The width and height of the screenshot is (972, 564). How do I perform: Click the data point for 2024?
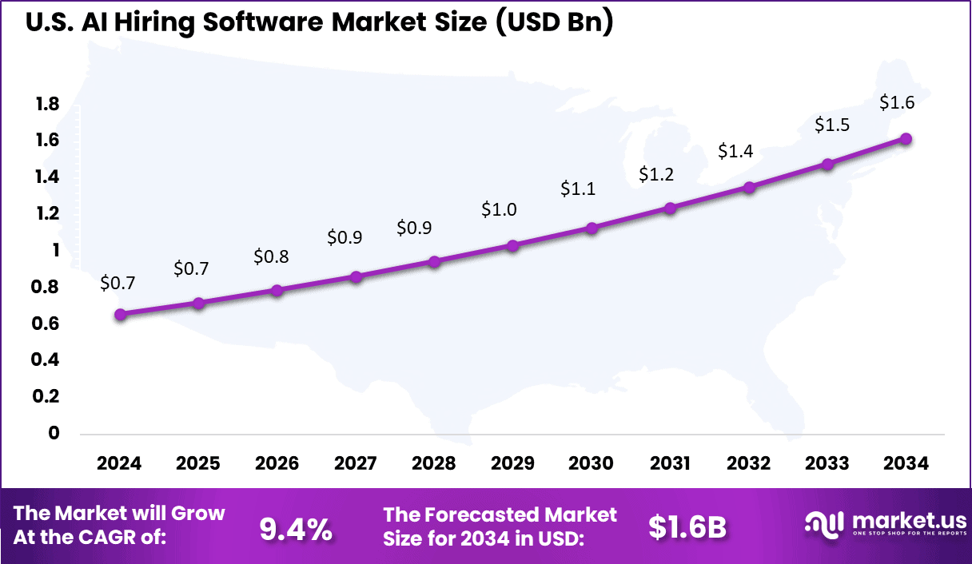click(x=120, y=315)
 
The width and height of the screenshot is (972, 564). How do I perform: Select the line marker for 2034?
click(x=906, y=139)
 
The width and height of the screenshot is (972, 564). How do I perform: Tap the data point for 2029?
click(x=513, y=246)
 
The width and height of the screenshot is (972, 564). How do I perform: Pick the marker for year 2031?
click(x=671, y=209)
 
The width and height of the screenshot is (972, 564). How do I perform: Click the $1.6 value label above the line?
click(x=897, y=102)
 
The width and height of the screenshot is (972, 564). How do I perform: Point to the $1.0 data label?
click(x=499, y=209)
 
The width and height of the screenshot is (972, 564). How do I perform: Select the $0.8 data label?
click(x=271, y=256)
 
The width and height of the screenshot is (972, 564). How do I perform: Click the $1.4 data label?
click(x=735, y=150)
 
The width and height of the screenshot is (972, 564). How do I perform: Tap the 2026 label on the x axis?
click(x=277, y=464)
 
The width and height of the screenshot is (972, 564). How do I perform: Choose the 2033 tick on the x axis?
click(x=828, y=464)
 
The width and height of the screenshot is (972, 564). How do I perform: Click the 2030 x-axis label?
click(x=592, y=464)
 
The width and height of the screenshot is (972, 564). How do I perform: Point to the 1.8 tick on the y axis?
click(x=47, y=104)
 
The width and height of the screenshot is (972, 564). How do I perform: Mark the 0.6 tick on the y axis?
click(x=47, y=324)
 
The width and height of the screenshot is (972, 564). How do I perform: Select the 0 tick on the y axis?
click(x=54, y=433)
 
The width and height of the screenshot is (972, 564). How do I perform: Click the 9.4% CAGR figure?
click(x=296, y=529)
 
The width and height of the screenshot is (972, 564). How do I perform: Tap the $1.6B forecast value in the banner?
click(x=687, y=526)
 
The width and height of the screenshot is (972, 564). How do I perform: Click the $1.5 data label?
click(x=832, y=125)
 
